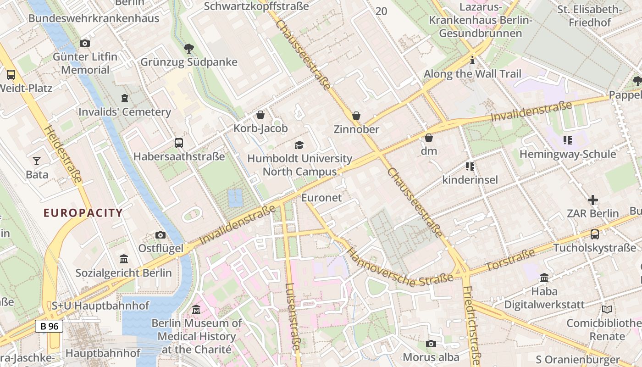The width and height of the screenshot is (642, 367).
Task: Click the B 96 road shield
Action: [49, 326]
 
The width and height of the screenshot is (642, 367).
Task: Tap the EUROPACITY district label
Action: [83, 213]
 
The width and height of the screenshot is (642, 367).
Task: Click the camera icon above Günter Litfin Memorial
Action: [85, 44]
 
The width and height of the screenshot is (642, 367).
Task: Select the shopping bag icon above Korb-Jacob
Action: [260, 115]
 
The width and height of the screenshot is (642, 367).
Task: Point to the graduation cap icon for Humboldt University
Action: [299, 145]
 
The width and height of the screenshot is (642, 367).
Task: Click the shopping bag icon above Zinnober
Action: [356, 116]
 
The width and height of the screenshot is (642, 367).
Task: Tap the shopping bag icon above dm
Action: [429, 138]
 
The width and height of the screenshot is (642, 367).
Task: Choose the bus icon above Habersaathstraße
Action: [179, 143]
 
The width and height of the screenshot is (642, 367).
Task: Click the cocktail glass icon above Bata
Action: [37, 161]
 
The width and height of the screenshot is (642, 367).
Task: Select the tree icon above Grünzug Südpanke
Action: [188, 48]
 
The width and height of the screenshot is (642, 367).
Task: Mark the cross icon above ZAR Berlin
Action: [593, 200]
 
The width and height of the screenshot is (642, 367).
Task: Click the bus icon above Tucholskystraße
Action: [595, 234]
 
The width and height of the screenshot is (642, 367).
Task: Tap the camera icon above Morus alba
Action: [431, 344]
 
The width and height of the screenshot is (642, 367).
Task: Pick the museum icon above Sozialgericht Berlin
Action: [123, 259]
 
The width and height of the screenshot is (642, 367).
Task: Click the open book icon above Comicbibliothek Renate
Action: [607, 310]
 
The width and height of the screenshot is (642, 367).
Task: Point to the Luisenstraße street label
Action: [292, 317]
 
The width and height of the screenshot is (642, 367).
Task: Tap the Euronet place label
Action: [321, 198]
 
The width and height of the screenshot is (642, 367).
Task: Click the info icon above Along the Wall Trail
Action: [472, 61]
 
